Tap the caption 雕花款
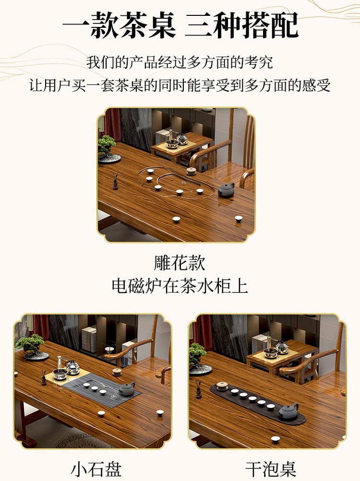point(180,263)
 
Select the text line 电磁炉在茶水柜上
point(180,286)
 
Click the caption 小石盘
point(96,469)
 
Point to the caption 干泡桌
point(270,469)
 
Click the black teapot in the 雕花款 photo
point(226,190)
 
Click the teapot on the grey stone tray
point(127,389)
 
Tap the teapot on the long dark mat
point(288,411)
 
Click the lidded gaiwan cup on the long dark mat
point(222,385)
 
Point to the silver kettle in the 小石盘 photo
point(72,367)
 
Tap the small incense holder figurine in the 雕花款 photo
point(115,181)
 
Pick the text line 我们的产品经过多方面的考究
point(180,62)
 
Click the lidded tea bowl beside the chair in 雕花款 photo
point(192,171)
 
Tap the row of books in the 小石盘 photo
point(89,339)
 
